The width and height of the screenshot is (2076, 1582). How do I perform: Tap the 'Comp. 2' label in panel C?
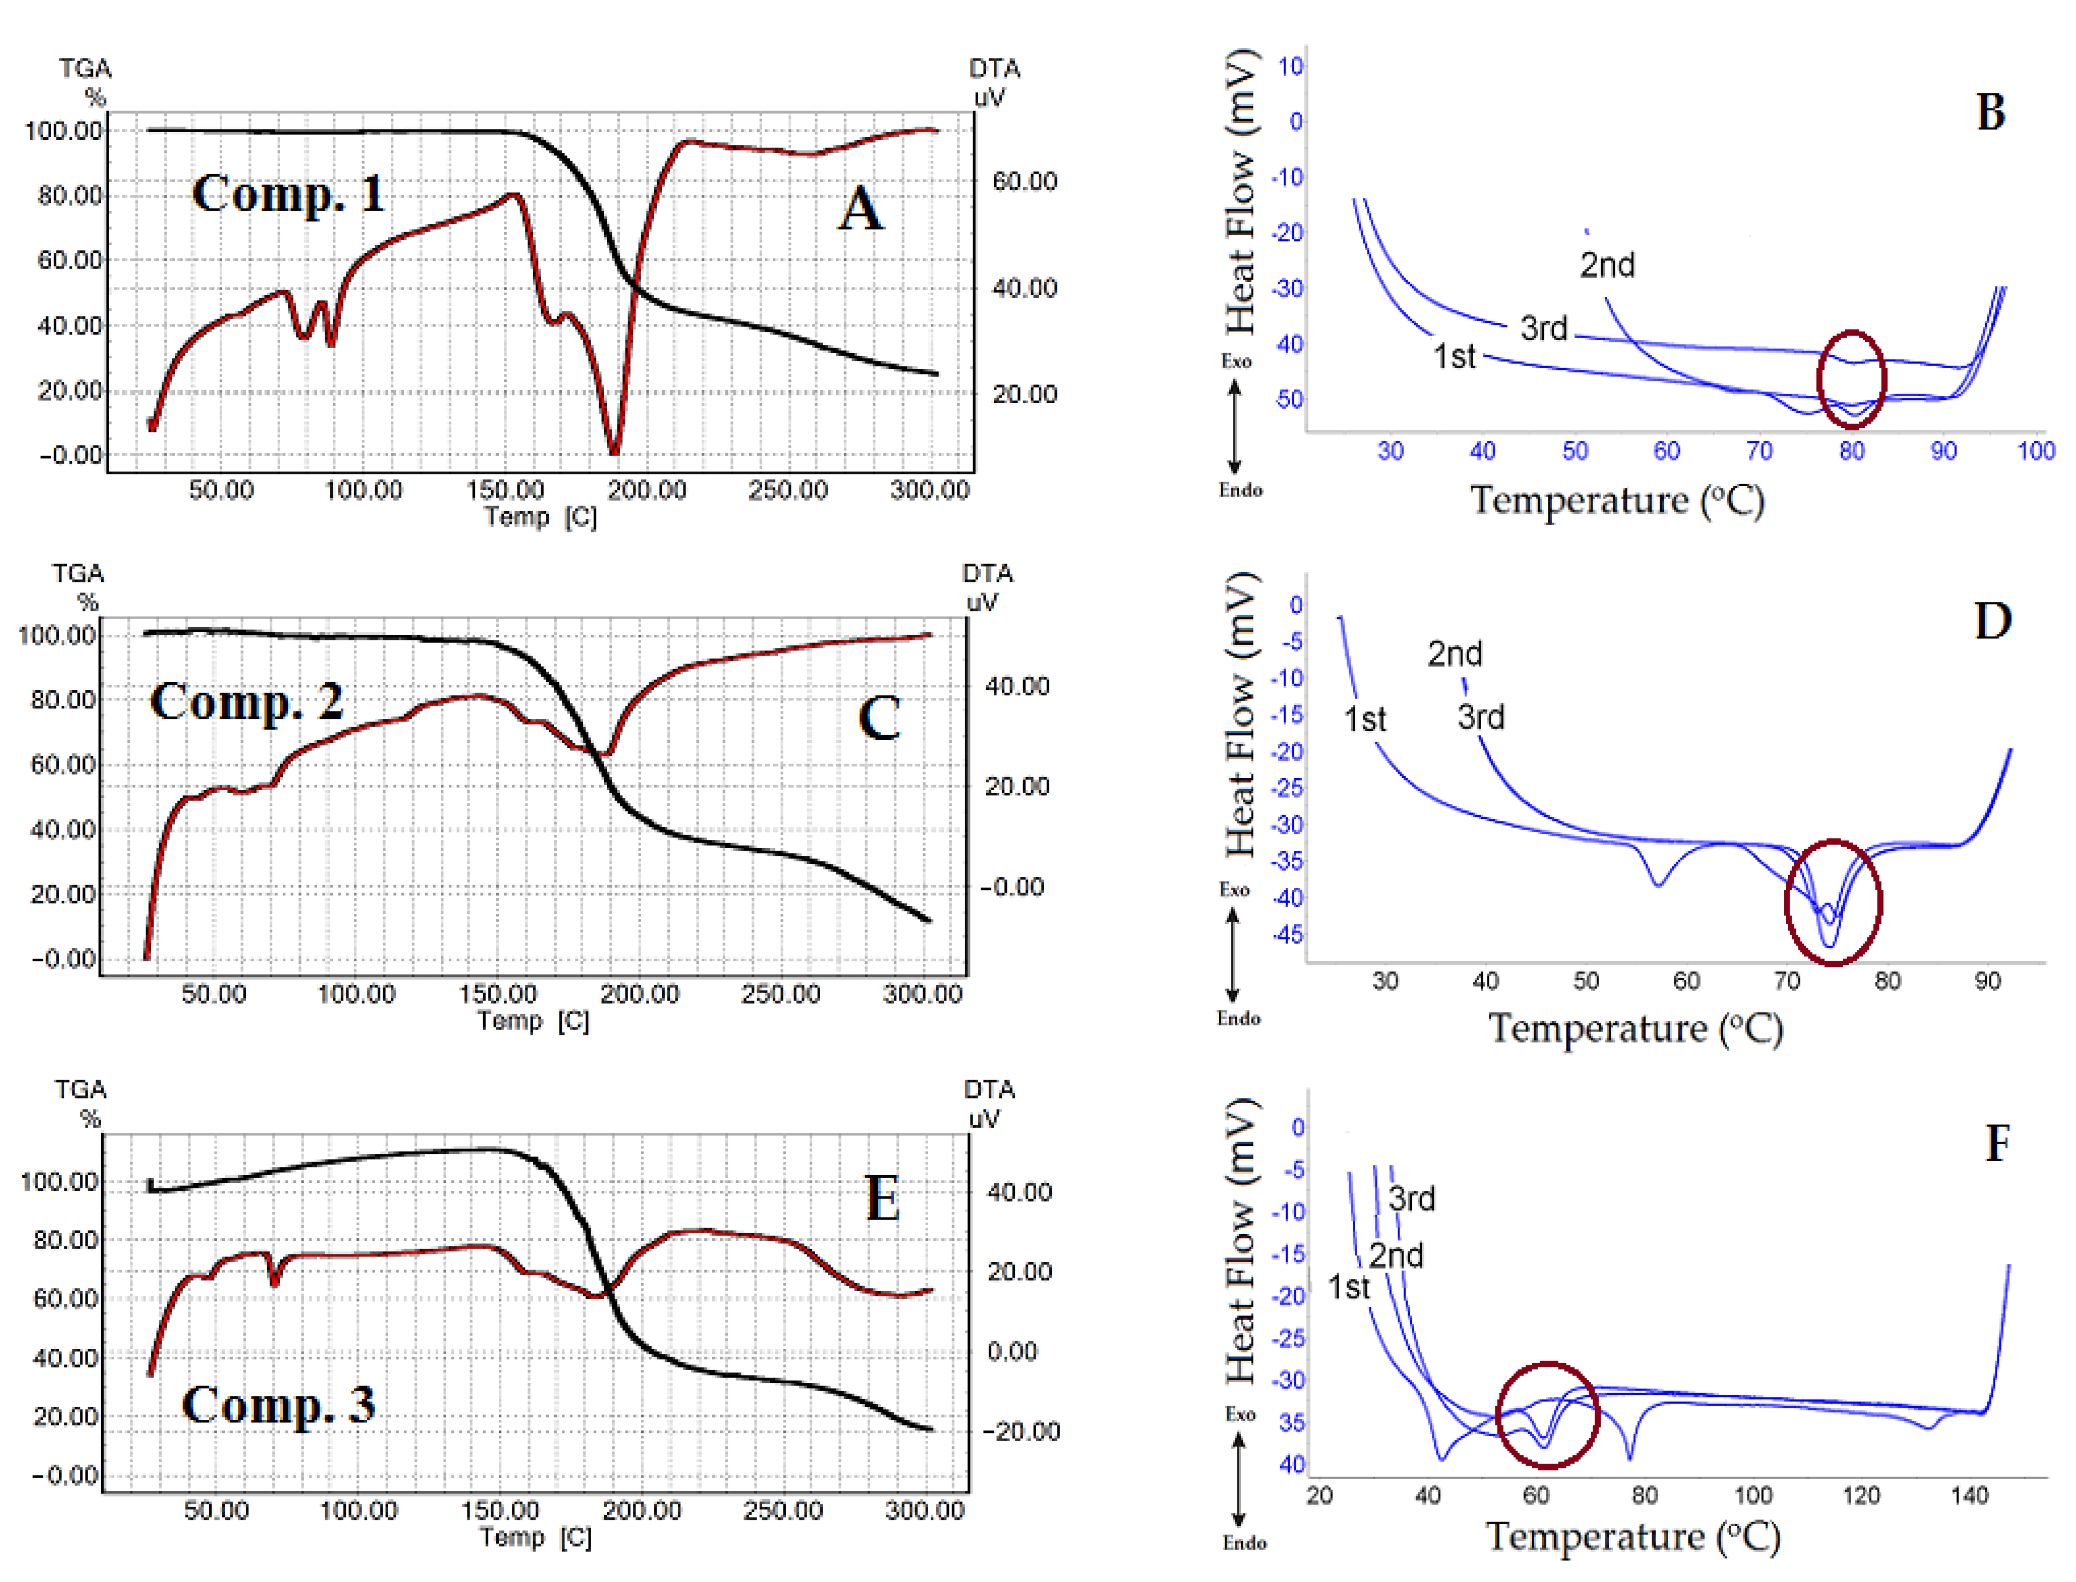(x=247, y=702)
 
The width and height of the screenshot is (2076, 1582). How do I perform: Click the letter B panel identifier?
(x=1990, y=113)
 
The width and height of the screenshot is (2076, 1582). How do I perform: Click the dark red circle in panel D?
(x=1833, y=902)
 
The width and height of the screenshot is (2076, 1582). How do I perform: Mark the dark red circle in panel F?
(x=1547, y=1415)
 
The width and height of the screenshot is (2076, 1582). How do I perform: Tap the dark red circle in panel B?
(x=1851, y=380)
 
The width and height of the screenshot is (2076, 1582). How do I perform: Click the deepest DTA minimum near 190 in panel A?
(x=614, y=450)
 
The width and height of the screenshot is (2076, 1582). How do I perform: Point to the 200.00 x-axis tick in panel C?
(x=640, y=994)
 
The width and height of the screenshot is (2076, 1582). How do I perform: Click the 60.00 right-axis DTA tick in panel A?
(x=1024, y=181)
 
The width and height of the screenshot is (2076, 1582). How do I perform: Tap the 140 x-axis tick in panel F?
(x=1969, y=1495)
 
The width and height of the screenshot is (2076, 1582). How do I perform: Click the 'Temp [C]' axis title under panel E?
(x=535, y=1538)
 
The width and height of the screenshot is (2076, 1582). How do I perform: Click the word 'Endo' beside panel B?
(x=1240, y=490)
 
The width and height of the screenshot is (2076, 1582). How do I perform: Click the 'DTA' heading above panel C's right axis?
(x=987, y=573)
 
